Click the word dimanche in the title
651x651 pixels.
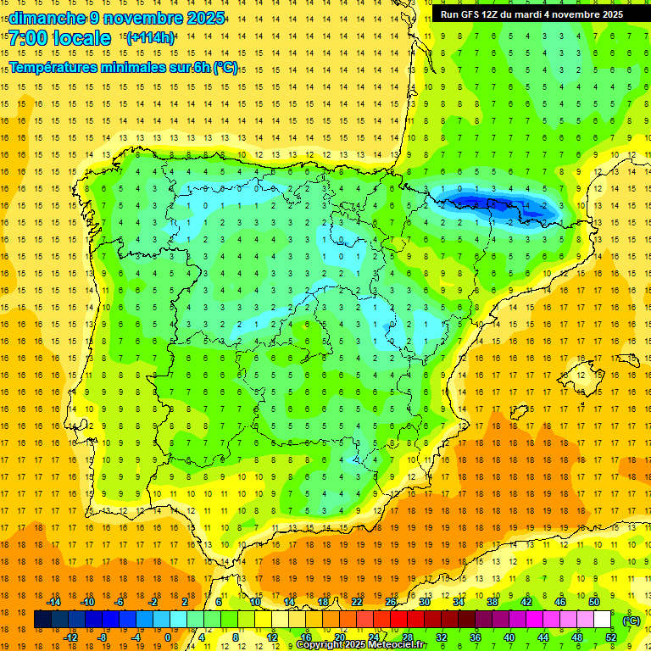tap(43, 17)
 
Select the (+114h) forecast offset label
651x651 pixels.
tap(150, 37)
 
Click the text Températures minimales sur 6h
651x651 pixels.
tap(110, 68)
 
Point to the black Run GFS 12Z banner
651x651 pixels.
tap(531, 14)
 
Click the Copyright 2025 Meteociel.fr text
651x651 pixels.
tap(361, 645)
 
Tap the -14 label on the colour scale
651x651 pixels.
tap(55, 602)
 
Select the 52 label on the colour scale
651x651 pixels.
tap(611, 637)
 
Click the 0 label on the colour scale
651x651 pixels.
tap(168, 637)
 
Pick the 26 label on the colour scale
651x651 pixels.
tap(391, 602)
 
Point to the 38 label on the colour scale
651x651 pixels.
tap(492, 602)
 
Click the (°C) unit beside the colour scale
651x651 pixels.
tap(632, 620)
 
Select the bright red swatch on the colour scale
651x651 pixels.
tap(398, 620)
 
